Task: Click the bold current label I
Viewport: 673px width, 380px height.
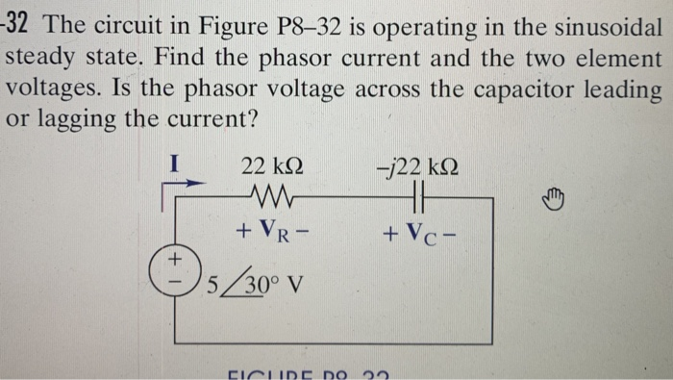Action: tap(174, 164)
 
